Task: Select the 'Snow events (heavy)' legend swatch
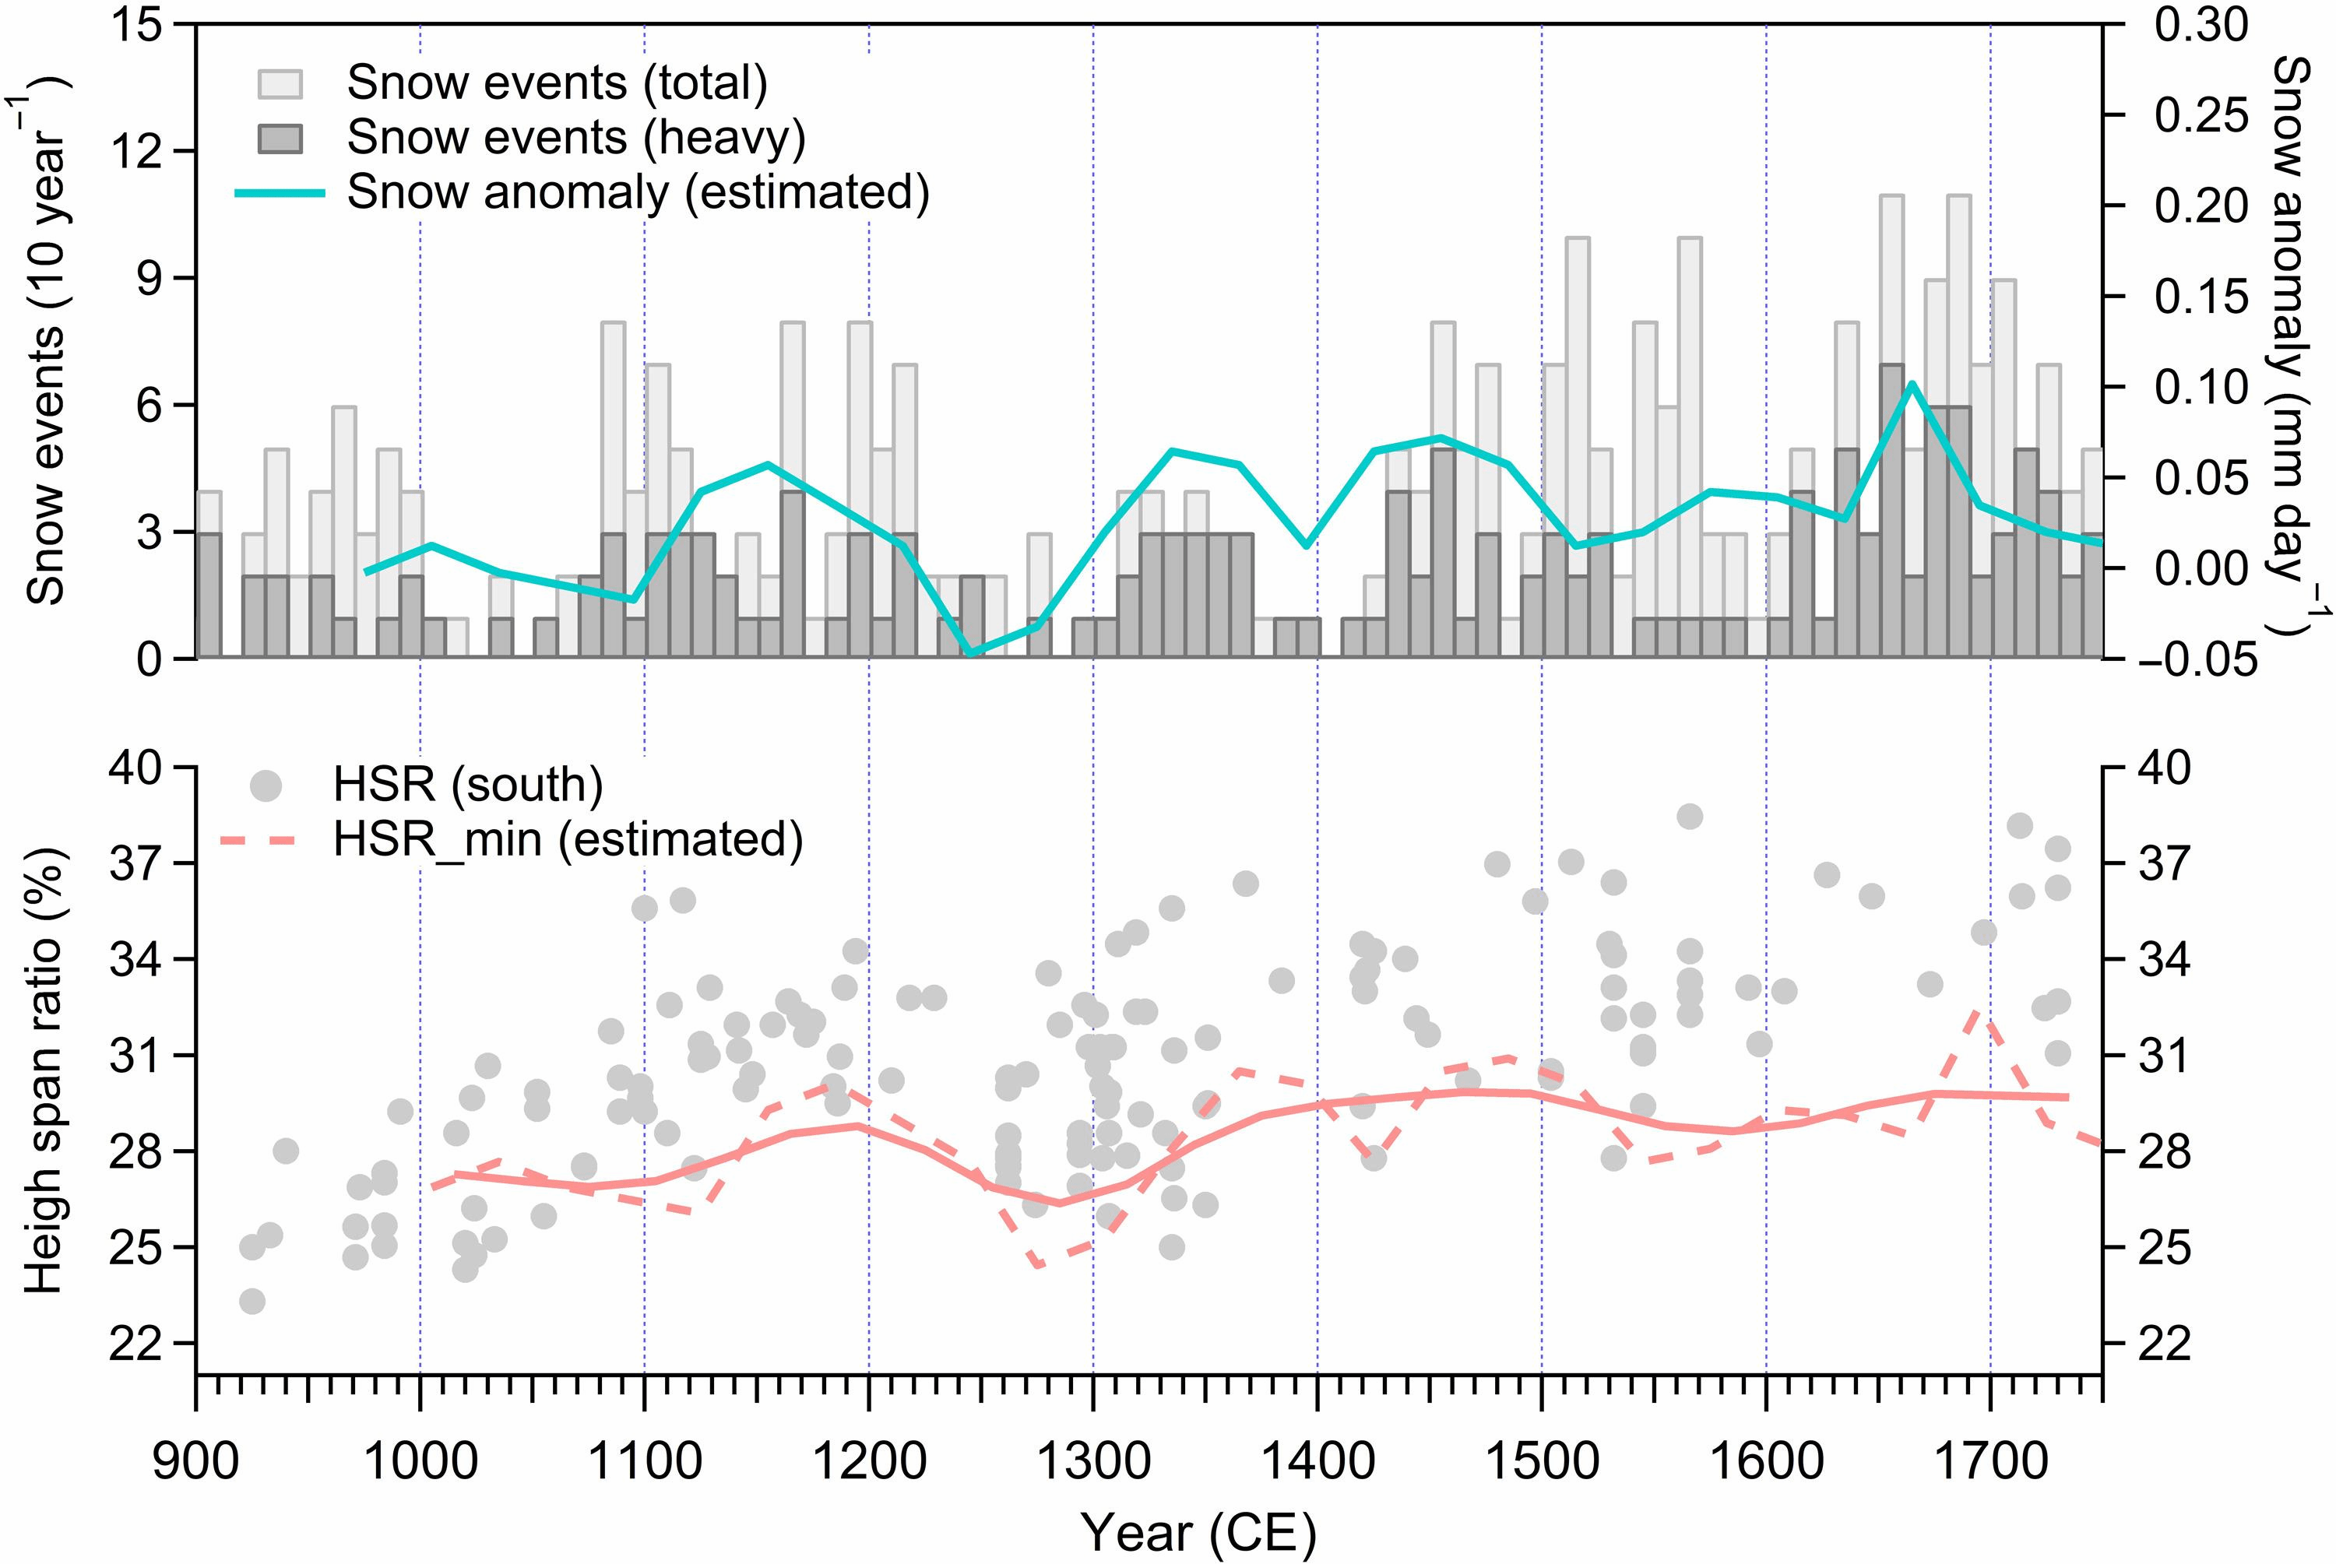tap(280, 138)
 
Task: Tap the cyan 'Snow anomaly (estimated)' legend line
tap(280, 192)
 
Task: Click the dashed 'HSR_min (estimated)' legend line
tap(266, 840)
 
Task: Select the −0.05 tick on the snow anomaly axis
tap(2190, 659)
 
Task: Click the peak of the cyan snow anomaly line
tap(1911, 383)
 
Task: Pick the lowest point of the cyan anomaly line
tap(970, 653)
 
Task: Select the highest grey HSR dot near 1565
tap(1689, 816)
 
